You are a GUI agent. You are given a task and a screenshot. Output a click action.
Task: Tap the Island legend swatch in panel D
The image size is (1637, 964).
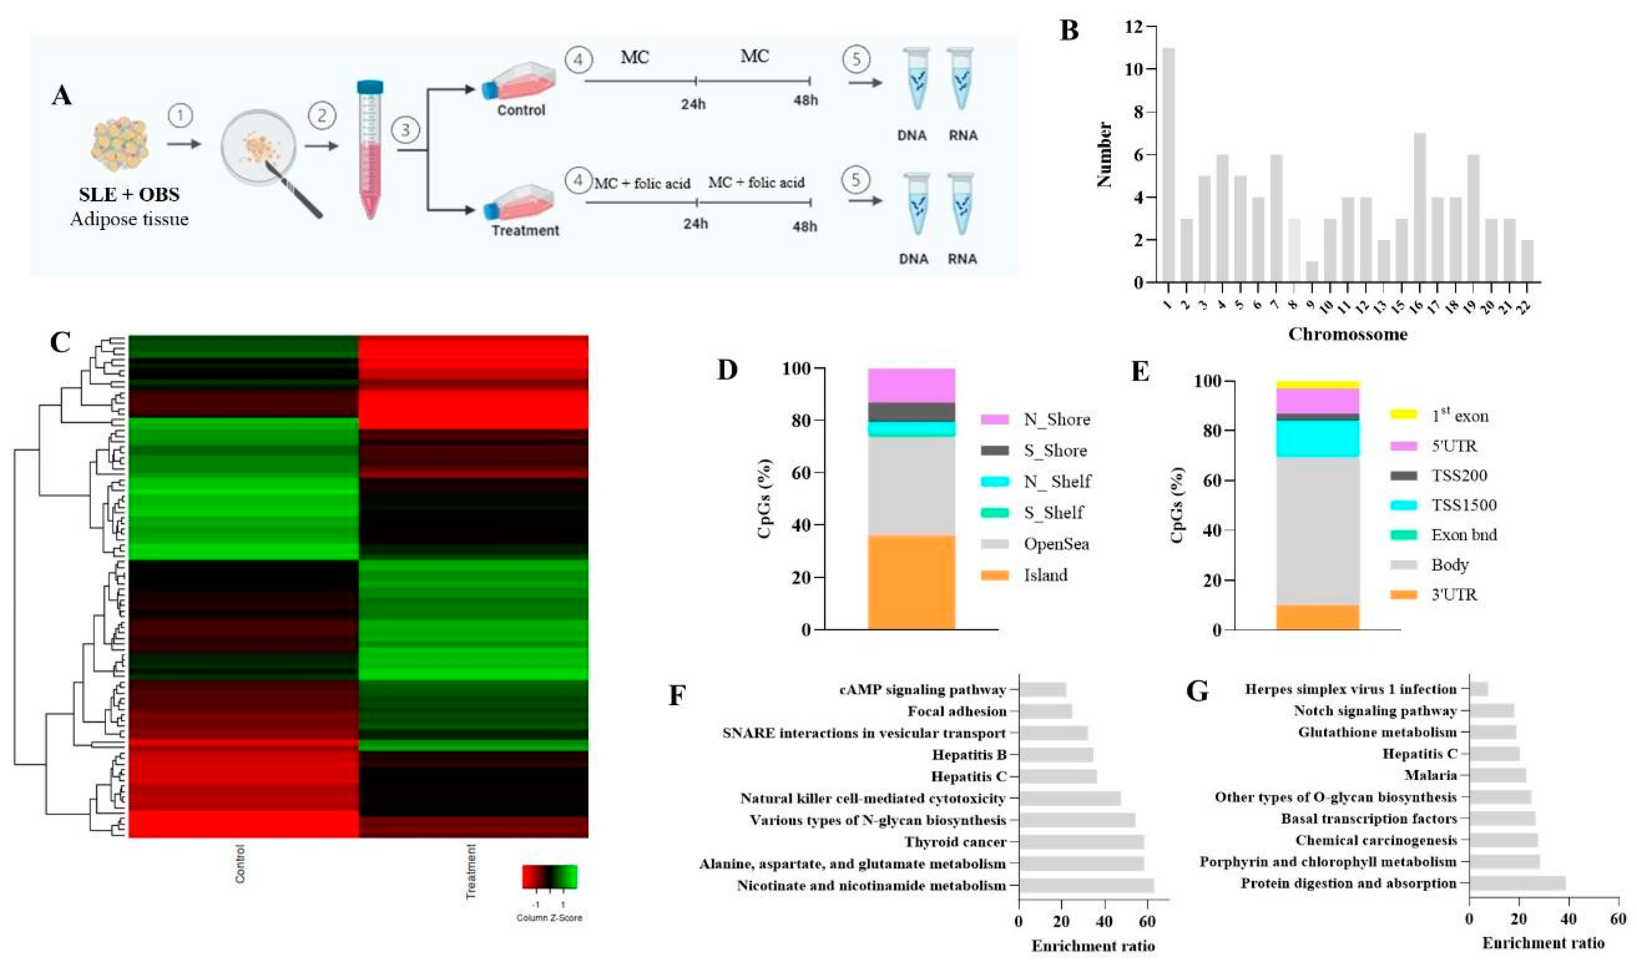(x=994, y=575)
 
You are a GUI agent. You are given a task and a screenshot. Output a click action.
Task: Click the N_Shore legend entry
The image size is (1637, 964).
(x=1056, y=420)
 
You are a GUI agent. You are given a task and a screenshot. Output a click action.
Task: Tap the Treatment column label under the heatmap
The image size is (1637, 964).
(x=471, y=870)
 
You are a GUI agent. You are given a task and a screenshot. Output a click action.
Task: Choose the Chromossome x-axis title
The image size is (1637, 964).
(x=1348, y=335)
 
